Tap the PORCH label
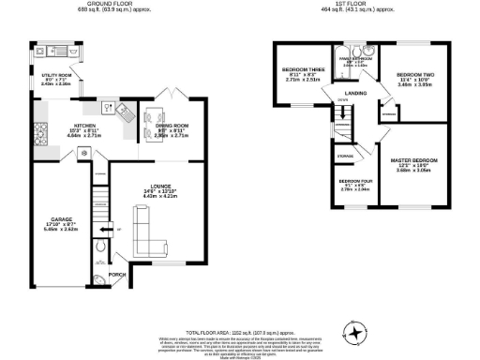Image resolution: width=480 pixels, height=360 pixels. coord(118,275)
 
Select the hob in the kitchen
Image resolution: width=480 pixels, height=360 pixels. coord(40,128)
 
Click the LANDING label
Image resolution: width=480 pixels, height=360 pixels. coord(354,94)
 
